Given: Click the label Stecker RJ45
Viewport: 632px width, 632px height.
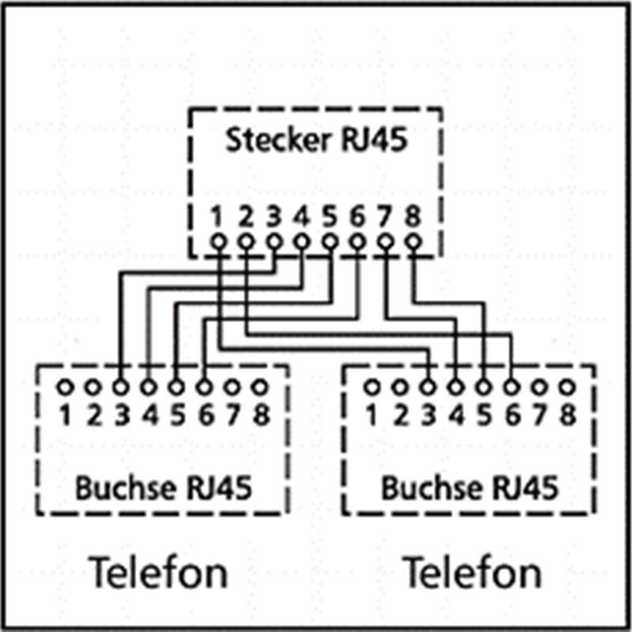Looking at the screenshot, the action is [317, 139].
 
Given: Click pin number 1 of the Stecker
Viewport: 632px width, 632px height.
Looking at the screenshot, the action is [217, 217].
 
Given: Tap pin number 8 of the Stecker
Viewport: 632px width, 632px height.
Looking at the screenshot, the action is [413, 217].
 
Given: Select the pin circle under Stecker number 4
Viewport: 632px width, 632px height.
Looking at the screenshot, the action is [302, 242].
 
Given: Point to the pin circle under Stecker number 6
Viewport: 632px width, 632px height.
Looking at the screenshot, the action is [357, 242].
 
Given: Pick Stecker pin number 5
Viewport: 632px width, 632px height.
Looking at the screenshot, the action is [329, 217].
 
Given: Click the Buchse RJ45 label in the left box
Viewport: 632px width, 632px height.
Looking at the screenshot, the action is [164, 488].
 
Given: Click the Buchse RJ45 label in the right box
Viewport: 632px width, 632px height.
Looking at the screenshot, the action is [470, 488].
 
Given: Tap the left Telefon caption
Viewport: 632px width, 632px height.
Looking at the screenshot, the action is [158, 573].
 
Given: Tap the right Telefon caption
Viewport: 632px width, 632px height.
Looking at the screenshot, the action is [472, 573].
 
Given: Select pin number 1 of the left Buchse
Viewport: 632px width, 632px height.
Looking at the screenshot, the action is [64, 415].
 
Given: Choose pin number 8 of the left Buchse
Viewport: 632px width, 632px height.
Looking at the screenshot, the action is [261, 415].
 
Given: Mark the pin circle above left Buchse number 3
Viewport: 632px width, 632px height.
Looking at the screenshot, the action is [120, 387].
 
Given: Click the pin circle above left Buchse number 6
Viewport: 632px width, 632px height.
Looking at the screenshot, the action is [204, 387].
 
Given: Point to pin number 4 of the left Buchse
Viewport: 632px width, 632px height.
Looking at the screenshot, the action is [150, 415].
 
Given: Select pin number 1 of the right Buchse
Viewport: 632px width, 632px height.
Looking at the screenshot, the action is [371, 415].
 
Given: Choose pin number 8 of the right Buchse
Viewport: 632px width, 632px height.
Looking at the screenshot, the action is [568, 415].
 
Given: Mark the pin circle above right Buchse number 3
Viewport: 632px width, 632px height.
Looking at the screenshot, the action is [428, 387].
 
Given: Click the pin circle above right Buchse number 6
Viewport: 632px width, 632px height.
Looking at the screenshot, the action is [512, 387].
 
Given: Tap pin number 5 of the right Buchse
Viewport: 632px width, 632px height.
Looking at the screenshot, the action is [484, 415].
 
